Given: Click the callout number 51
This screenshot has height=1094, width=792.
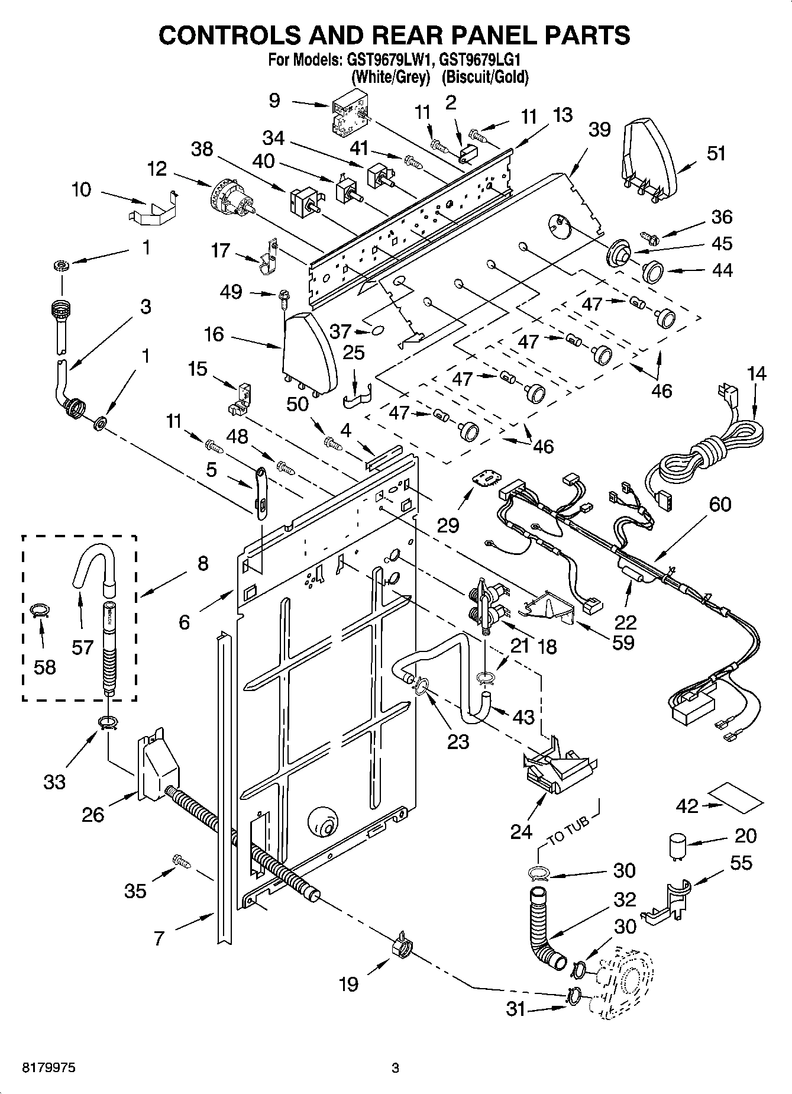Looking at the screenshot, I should pos(716,153).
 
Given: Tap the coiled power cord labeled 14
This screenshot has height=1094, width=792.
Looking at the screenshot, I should pos(710,456).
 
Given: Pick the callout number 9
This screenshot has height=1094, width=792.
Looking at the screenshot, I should pos(274,100).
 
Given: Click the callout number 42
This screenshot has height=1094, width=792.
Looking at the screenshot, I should pos(688,805).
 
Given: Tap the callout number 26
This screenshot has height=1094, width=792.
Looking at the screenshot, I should pos(93,814).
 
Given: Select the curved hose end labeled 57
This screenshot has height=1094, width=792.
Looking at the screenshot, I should pos(92,565).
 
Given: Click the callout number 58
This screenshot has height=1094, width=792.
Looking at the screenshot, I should pos(45,667).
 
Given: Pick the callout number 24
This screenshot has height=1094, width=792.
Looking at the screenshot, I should pos(521,832).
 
